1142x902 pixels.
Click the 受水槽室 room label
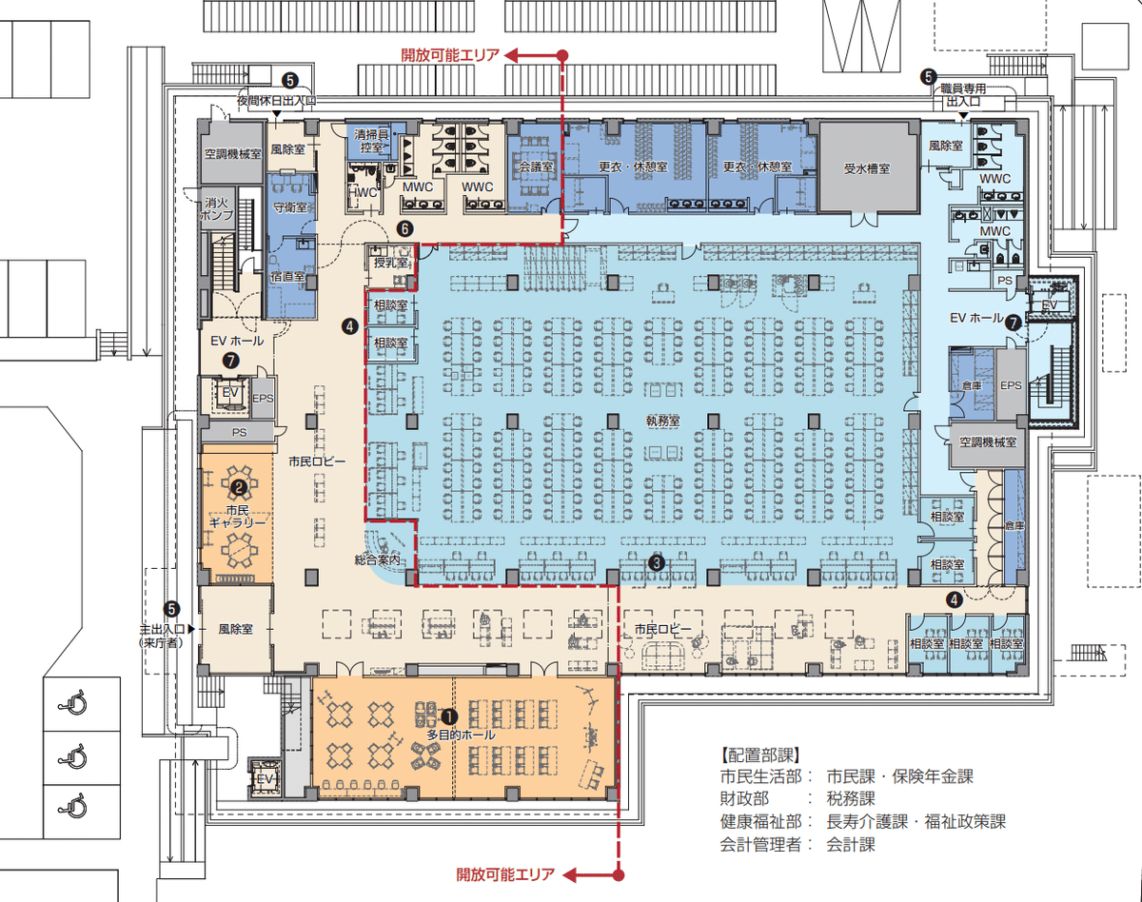(x=867, y=168)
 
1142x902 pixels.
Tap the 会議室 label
(x=536, y=167)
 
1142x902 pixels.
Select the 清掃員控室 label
(x=371, y=141)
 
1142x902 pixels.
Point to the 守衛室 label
(x=290, y=207)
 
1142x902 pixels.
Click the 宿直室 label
(x=287, y=276)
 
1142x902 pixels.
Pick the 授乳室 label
(x=391, y=263)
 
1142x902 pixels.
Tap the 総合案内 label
(x=377, y=559)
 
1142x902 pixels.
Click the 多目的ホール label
(x=462, y=735)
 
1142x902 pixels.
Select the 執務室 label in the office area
(x=662, y=422)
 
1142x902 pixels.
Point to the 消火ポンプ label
(x=217, y=209)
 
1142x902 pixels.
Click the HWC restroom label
(x=363, y=192)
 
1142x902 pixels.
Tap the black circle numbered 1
(x=449, y=716)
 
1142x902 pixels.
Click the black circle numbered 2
(x=238, y=487)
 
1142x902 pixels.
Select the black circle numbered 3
(x=657, y=563)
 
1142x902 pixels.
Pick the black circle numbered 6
(x=404, y=228)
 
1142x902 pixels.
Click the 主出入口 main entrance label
(x=162, y=629)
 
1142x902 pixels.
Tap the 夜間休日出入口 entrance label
(x=277, y=100)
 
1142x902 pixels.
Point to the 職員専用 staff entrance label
(x=963, y=88)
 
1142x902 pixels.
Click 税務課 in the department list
(x=851, y=798)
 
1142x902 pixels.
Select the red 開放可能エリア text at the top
(x=450, y=54)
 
